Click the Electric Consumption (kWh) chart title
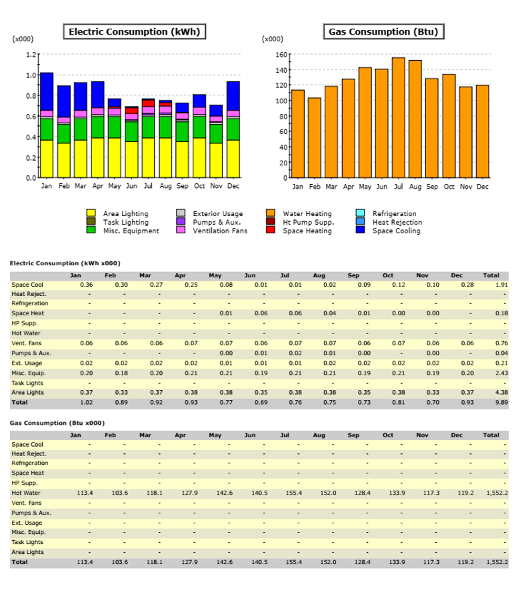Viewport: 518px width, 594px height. coord(135,32)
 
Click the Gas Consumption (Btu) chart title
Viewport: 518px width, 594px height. coord(383,32)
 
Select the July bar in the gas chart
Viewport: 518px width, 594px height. coord(398,118)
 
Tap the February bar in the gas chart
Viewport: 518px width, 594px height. coord(315,138)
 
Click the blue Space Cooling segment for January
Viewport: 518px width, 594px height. coord(47,92)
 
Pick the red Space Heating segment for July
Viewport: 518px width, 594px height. coord(148,103)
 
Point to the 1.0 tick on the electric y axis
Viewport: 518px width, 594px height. coord(31,75)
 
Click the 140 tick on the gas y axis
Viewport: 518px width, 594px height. coord(281,70)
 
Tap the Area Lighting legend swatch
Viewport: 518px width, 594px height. coord(91,213)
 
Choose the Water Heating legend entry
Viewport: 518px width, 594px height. coord(299,213)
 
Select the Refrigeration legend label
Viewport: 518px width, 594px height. coord(395,213)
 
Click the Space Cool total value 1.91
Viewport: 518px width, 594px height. coord(501,285)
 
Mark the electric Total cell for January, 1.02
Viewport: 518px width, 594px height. coord(87,402)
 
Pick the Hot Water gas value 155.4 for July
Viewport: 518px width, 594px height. coord(294,493)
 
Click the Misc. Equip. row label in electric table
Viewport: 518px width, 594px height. coord(29,373)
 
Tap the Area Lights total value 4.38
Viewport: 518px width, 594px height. coord(501,393)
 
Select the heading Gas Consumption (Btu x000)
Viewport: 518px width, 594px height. coord(57,423)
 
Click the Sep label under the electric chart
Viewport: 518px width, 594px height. coord(182,186)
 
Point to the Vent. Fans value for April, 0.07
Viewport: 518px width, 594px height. coord(191,343)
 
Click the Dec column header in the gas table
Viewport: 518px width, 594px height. coord(457,435)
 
